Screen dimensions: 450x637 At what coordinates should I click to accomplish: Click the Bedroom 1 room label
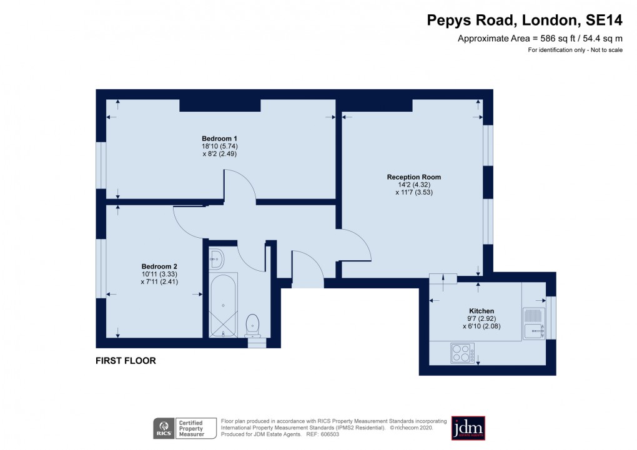(x=219, y=138)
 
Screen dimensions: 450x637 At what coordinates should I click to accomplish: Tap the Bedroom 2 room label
(x=154, y=266)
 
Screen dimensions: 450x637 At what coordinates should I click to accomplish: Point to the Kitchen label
(x=481, y=311)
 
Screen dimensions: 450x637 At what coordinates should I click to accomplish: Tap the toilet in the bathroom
(x=253, y=323)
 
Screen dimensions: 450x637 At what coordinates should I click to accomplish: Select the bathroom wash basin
(x=215, y=257)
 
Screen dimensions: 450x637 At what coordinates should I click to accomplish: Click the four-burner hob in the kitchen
(x=462, y=353)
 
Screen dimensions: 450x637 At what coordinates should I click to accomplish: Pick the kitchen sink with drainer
(x=534, y=323)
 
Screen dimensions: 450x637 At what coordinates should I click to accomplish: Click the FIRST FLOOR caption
(x=126, y=361)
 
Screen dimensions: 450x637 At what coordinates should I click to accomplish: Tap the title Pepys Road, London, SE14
(x=525, y=21)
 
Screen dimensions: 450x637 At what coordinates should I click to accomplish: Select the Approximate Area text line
(x=540, y=39)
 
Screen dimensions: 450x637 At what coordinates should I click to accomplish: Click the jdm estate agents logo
(x=468, y=428)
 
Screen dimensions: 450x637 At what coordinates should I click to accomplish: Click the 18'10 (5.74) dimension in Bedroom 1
(x=219, y=146)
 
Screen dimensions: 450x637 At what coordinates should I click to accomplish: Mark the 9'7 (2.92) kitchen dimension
(x=481, y=318)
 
